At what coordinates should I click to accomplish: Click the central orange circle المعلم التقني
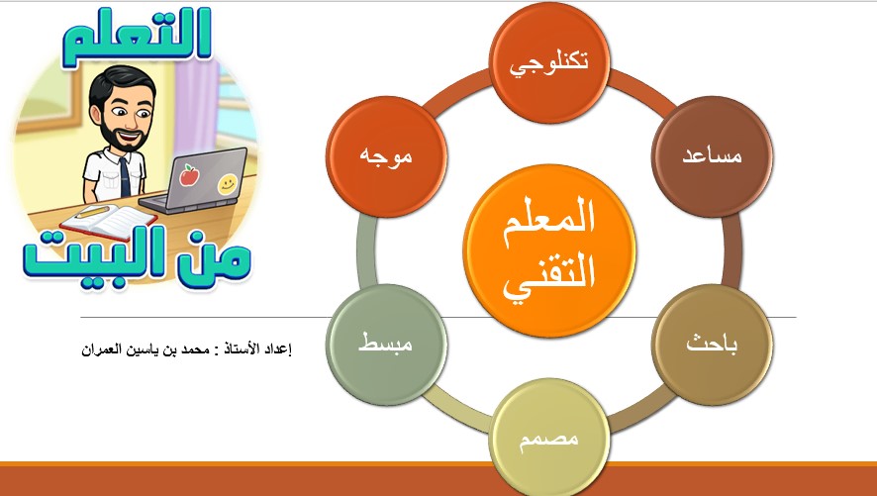(x=549, y=249)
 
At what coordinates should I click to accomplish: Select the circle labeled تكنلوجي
(x=549, y=62)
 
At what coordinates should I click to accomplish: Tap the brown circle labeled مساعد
(x=712, y=156)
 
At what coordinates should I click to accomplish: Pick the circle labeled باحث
(x=712, y=345)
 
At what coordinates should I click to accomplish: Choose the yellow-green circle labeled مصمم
(x=549, y=438)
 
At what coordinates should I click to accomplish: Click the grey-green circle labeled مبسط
(x=386, y=345)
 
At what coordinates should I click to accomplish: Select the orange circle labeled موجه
(x=386, y=156)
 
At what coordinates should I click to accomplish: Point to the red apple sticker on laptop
(x=189, y=175)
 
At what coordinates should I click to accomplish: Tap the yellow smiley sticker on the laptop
(x=227, y=184)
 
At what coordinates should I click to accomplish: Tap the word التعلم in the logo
(x=137, y=37)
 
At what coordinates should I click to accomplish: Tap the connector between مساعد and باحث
(x=731, y=250)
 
